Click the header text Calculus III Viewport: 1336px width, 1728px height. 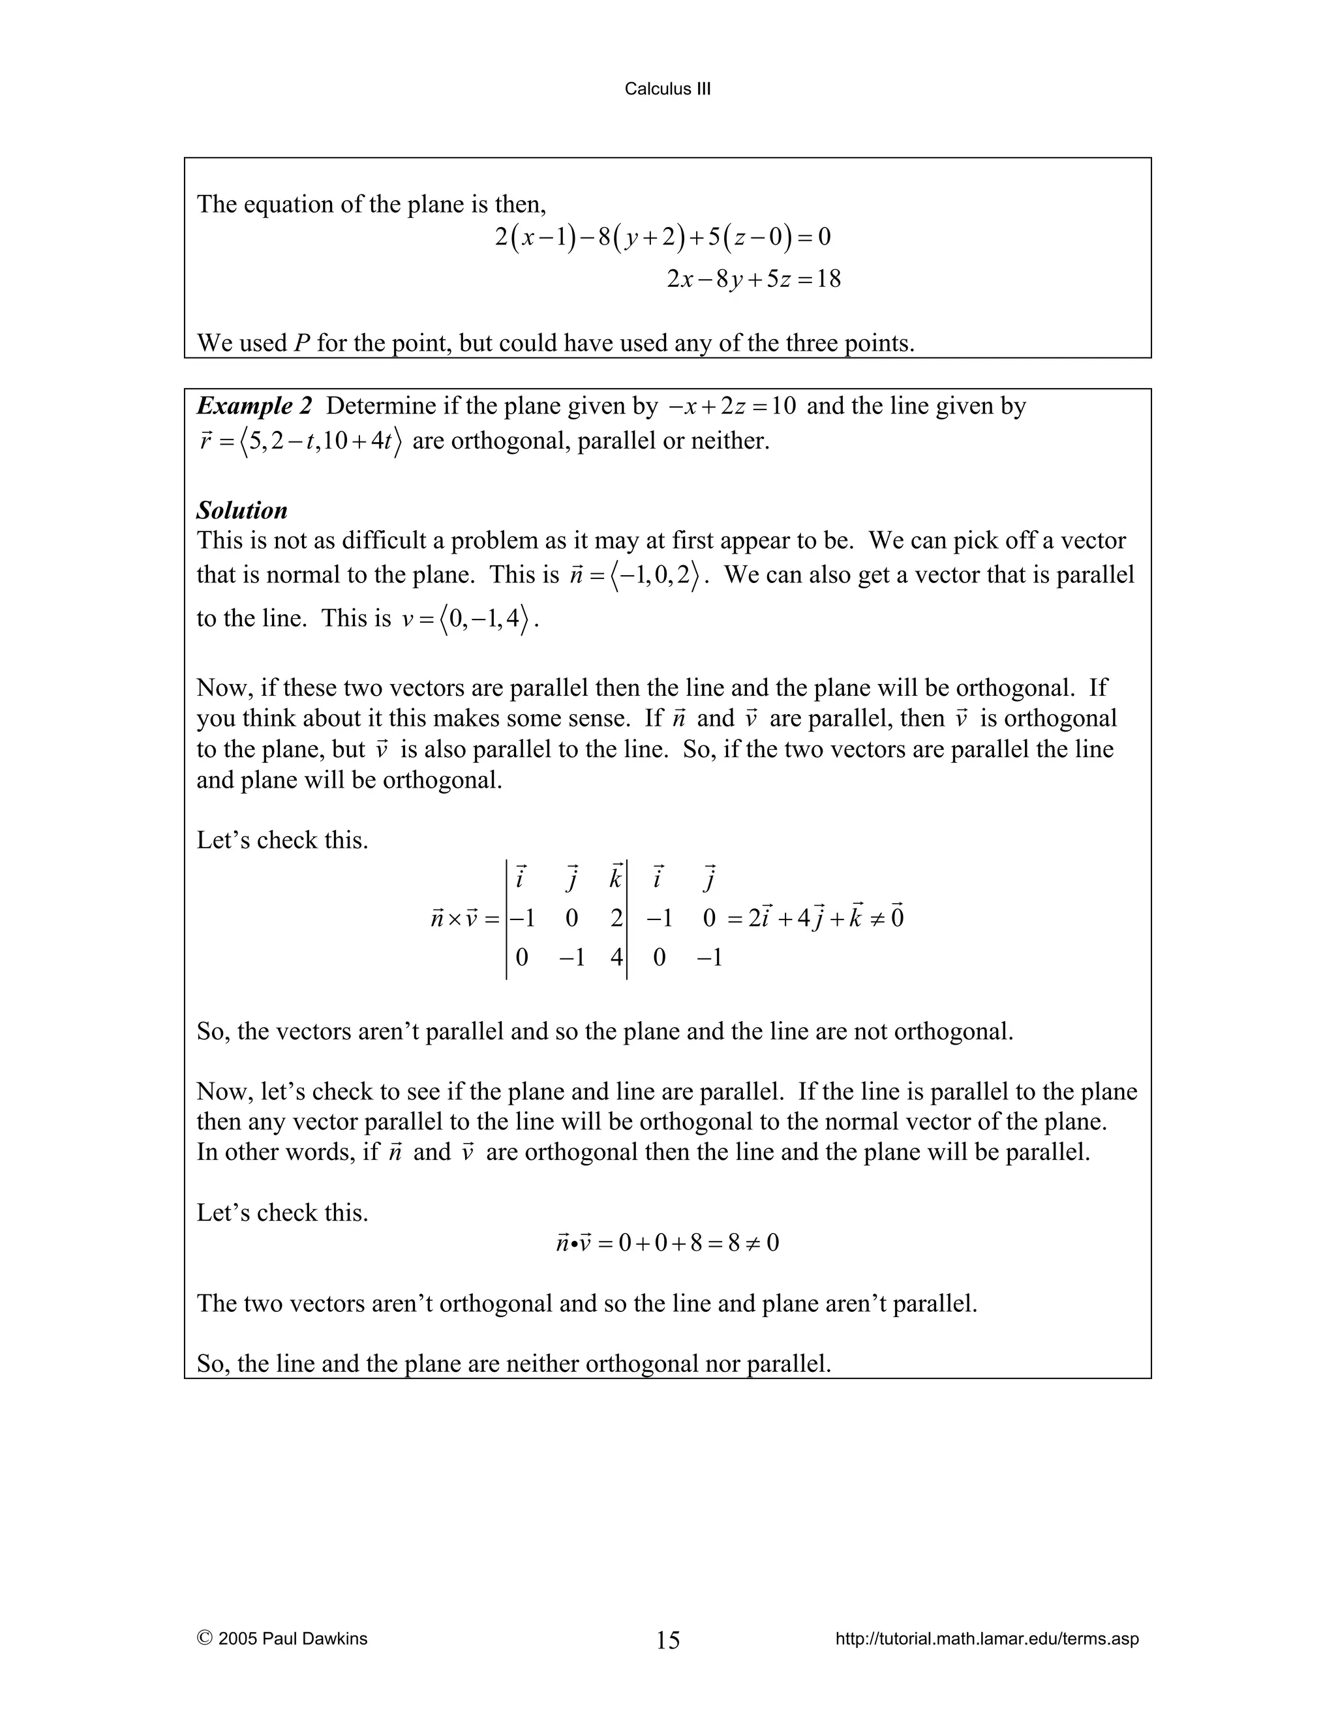667,89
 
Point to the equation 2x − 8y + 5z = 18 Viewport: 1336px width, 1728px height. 753,278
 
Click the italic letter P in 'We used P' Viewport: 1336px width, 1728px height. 301,344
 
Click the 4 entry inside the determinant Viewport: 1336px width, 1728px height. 616,958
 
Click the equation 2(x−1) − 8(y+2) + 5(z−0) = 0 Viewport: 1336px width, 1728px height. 663,237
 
